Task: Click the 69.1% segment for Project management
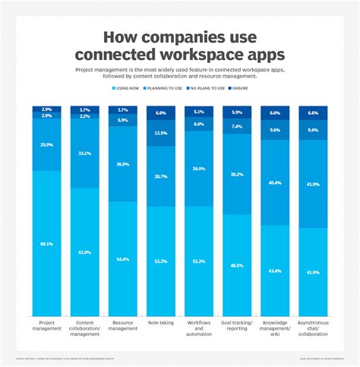pos(46,243)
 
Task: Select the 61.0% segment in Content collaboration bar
pos(84,252)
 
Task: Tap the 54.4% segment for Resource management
pos(122,258)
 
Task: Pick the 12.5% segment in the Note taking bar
pos(160,133)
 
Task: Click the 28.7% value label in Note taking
pos(160,176)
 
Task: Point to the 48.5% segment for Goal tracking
pos(236,265)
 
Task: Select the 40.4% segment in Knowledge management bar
pos(274,182)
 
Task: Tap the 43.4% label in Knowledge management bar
pos(274,271)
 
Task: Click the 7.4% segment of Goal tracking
pos(236,126)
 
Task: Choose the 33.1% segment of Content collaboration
pos(84,153)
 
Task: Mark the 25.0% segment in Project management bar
pos(46,144)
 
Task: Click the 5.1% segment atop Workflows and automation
pos(198,112)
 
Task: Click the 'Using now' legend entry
pos(128,89)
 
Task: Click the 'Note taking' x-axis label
pos(160,322)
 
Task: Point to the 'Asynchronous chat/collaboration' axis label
pos(312,327)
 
